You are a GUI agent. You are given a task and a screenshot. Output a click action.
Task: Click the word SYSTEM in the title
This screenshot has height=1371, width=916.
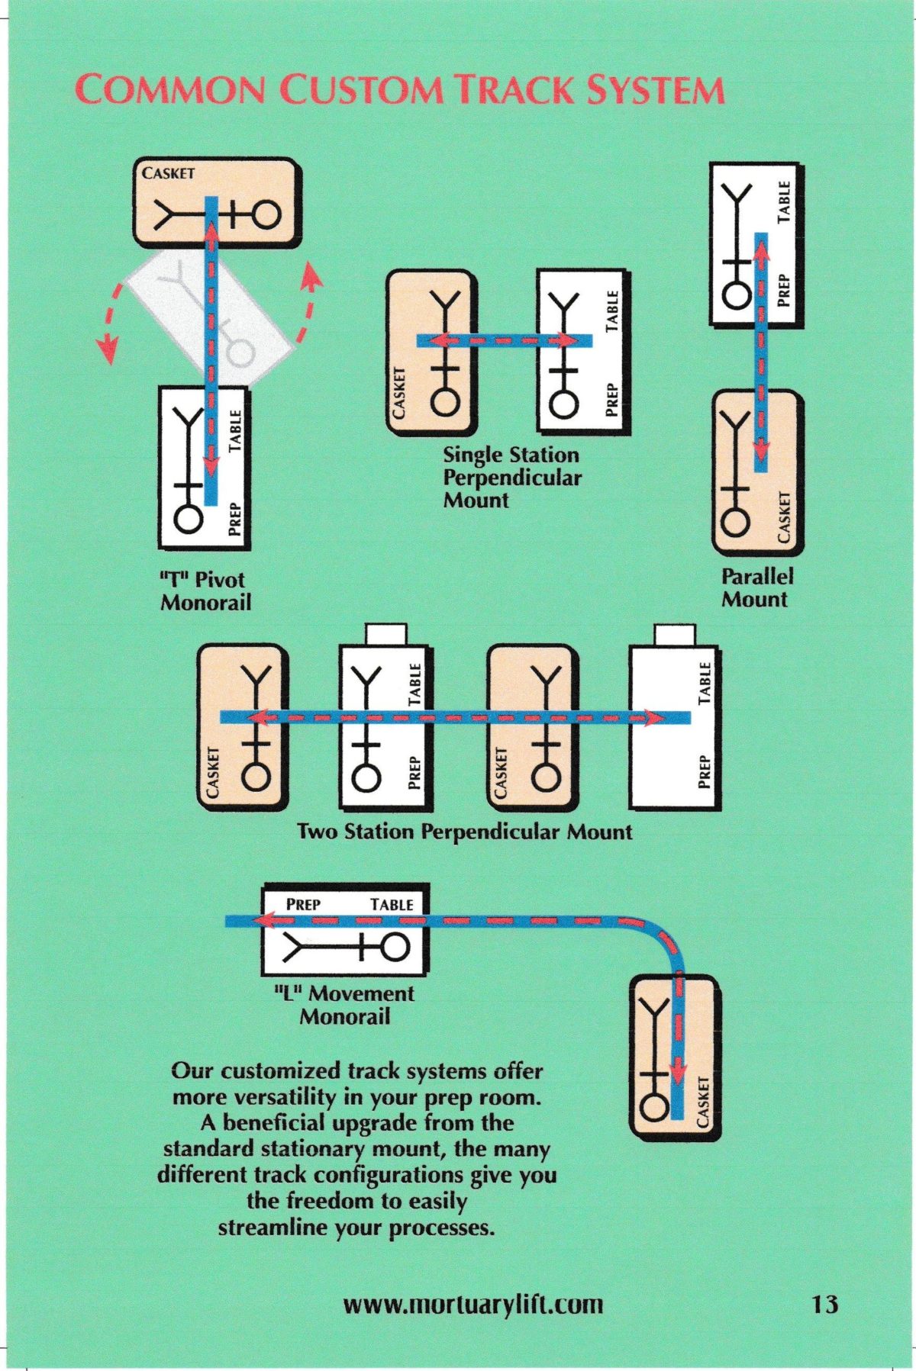click(x=655, y=90)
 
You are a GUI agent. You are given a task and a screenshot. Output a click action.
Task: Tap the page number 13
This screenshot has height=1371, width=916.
click(x=824, y=1303)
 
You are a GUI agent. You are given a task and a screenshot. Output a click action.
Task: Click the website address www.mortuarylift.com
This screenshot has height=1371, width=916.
click(x=473, y=1304)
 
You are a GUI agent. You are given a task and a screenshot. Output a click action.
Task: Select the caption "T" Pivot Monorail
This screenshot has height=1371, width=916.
click(x=205, y=591)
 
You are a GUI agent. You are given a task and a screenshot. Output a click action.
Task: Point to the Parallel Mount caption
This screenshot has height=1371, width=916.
click(x=756, y=587)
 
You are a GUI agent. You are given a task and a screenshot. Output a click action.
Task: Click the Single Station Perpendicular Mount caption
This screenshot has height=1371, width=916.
click(x=511, y=478)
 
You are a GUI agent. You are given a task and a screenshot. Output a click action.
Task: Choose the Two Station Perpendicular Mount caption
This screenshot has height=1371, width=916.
click(x=464, y=831)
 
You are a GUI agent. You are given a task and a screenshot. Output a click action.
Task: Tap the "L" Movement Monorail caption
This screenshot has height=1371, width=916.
click(x=344, y=1005)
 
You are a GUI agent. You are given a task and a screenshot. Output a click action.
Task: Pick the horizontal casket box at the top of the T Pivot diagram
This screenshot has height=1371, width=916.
click(x=215, y=203)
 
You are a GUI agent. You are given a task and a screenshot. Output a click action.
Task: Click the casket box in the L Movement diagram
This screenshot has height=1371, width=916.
click(x=674, y=1057)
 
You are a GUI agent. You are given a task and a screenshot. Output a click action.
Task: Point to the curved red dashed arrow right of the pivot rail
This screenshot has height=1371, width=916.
click(x=307, y=301)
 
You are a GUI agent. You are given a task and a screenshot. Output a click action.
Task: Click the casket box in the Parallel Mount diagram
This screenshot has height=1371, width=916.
click(x=757, y=473)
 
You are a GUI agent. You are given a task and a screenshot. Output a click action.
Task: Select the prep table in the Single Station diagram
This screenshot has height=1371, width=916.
click(x=582, y=351)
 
